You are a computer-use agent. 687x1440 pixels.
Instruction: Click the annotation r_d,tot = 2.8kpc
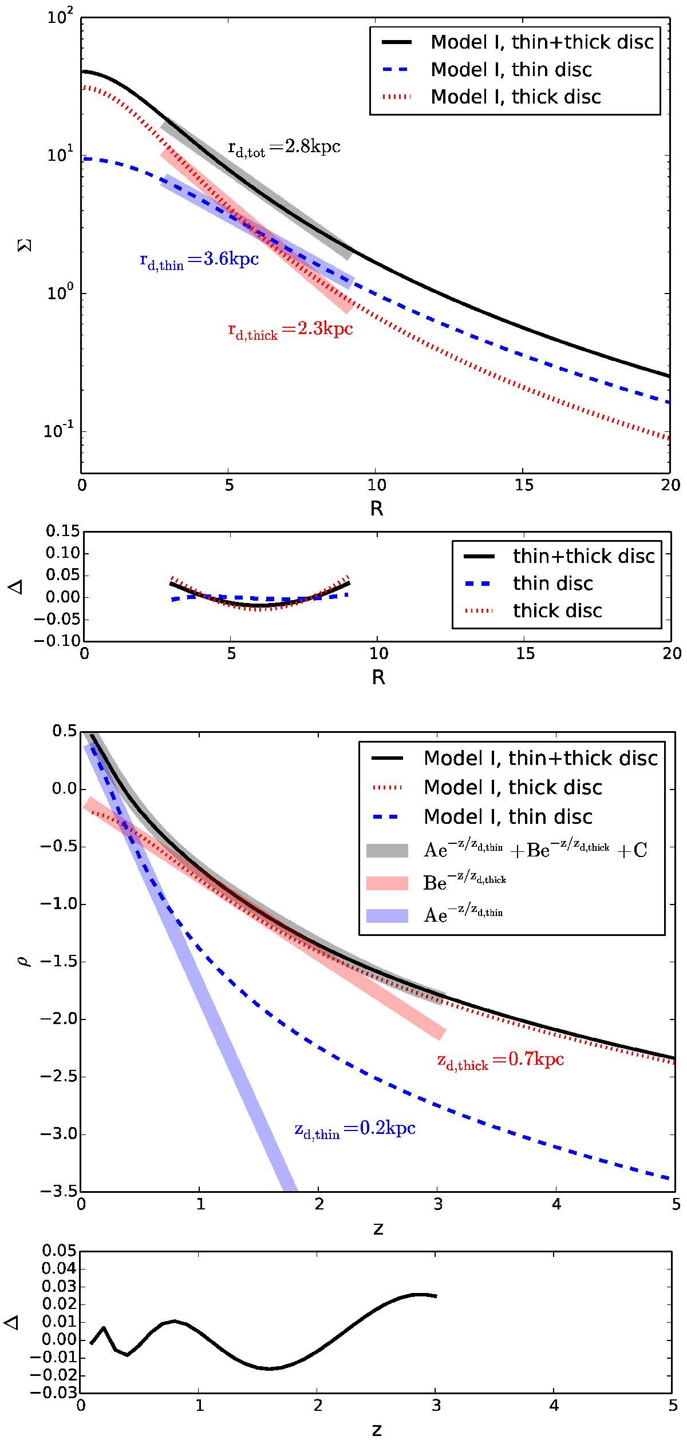coord(285,148)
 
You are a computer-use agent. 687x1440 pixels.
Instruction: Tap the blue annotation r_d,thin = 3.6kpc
coord(199,260)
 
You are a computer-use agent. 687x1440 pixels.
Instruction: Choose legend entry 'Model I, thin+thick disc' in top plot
coord(514,42)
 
